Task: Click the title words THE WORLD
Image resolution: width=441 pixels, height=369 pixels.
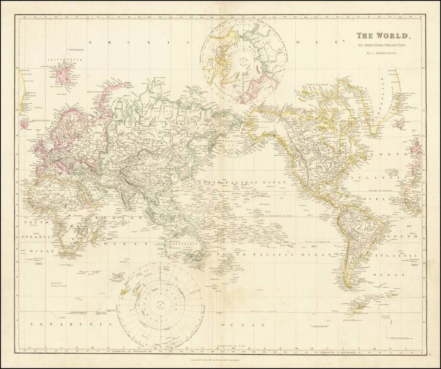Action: tap(383, 36)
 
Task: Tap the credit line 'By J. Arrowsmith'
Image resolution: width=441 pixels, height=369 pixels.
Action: tap(382, 53)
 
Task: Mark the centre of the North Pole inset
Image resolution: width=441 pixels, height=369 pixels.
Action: tap(240, 62)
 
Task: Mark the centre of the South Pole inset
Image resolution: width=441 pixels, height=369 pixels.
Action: tap(160, 303)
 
